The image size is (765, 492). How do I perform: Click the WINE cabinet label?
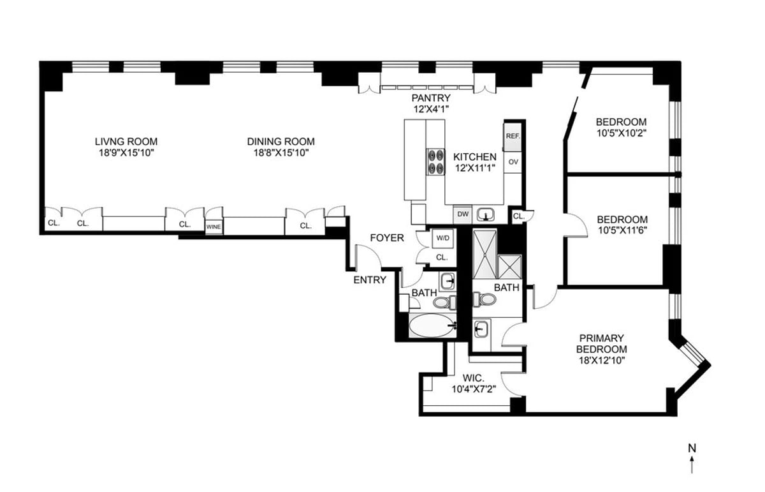pos(214,227)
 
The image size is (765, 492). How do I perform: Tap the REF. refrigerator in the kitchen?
pos(513,137)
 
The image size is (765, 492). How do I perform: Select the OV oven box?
pos(513,162)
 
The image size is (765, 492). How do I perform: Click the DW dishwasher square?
pos(463,214)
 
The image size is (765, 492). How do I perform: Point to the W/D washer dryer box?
pos(443,238)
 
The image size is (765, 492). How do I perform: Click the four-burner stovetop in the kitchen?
pos(435,161)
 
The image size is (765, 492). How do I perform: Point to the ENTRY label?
pos(370,280)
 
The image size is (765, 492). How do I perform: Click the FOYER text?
pos(387,237)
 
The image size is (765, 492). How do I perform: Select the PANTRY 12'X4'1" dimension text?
pos(431,103)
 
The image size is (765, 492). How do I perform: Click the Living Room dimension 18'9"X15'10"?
pos(126,153)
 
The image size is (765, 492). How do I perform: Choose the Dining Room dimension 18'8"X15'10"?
pos(281,153)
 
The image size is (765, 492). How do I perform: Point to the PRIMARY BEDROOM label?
pos(601,343)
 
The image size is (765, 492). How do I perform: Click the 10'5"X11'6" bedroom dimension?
pos(622,230)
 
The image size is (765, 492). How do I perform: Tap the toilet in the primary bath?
pos(484,299)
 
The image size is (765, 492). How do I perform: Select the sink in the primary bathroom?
pos(481,329)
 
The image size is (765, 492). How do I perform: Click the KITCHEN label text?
pos(475,157)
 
